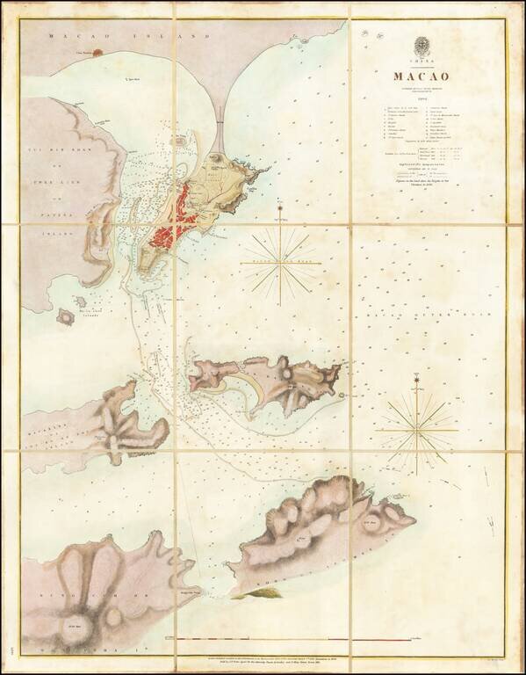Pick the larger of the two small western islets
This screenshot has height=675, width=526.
[x=67, y=315]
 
